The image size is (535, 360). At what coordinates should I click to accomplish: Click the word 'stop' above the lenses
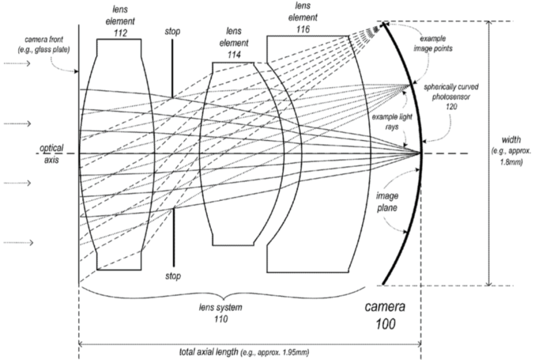click(173, 32)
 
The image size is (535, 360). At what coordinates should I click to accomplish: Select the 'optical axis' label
click(51, 154)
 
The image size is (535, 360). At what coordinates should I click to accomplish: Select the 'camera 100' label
click(384, 316)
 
